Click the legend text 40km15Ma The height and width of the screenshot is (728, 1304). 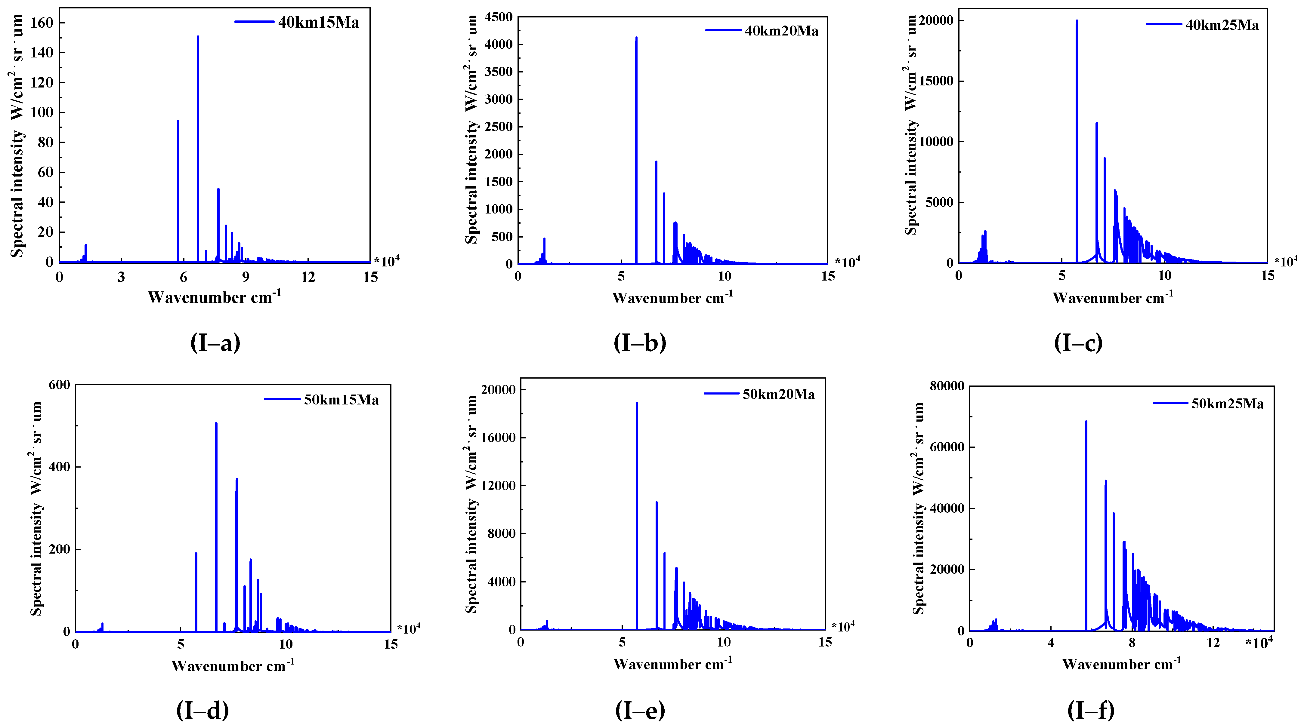(x=318, y=23)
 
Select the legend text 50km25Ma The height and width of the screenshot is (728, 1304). (x=1228, y=404)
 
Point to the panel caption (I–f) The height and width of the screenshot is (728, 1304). (x=1091, y=710)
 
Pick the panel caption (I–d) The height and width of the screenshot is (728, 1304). (x=202, y=710)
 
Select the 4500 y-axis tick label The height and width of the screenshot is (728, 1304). (x=499, y=17)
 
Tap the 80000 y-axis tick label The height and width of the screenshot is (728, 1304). (x=947, y=386)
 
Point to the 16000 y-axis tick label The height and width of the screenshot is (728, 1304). (x=499, y=438)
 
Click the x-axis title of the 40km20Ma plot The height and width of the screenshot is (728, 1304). (x=672, y=298)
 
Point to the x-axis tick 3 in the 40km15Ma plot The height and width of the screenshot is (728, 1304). (x=121, y=277)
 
